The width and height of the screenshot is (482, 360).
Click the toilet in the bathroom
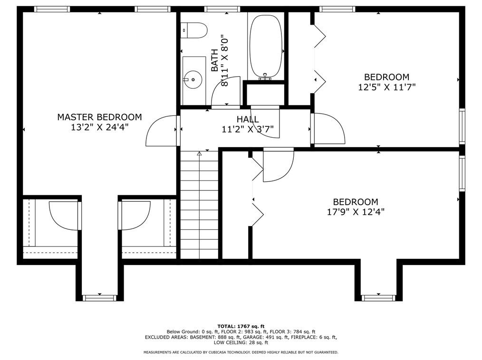[x=195, y=30]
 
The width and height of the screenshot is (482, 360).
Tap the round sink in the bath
[x=193, y=79]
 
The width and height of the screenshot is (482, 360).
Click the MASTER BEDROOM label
[x=99, y=117]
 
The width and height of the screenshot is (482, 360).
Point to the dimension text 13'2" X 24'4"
[x=99, y=127]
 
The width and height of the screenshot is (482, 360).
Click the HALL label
[x=248, y=119]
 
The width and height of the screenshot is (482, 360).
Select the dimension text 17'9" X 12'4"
[x=356, y=212]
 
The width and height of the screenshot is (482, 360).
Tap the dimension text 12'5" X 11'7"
[x=386, y=87]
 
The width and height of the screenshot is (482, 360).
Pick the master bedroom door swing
[x=162, y=131]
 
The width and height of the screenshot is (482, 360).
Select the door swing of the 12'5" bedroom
[x=328, y=129]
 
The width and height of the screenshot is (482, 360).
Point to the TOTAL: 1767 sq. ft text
[x=241, y=326]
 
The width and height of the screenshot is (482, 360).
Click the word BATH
[x=215, y=60]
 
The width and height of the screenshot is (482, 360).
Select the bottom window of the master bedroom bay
[x=99, y=298]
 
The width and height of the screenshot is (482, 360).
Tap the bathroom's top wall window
[x=222, y=9]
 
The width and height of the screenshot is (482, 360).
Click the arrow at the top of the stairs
[x=199, y=153]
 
